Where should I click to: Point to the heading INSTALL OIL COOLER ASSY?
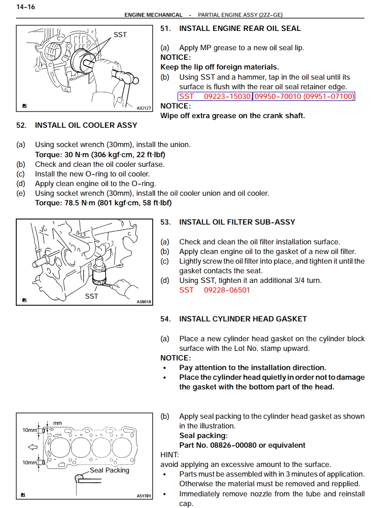[x=86, y=125]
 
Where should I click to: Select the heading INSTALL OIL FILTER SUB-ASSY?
[x=237, y=222]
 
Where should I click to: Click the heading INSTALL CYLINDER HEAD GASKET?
[x=243, y=319]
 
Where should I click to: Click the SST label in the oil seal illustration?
[x=120, y=35]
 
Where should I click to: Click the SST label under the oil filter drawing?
[x=91, y=296]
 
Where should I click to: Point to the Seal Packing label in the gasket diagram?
[x=109, y=470]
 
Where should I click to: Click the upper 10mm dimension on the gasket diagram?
[x=29, y=430]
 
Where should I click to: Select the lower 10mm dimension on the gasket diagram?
[x=29, y=462]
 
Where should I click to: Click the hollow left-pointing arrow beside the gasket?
[x=33, y=447]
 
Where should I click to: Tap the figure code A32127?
[x=144, y=108]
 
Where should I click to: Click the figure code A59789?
[x=144, y=495]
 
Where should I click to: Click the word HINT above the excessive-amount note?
[x=169, y=455]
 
